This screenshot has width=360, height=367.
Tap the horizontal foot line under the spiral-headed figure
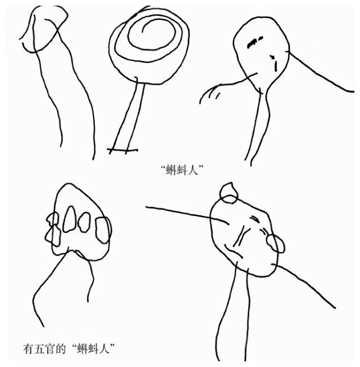[123, 150]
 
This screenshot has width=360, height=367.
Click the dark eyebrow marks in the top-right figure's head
[255, 42]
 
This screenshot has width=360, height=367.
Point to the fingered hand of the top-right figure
[209, 93]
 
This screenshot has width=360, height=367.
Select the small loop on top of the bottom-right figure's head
[229, 193]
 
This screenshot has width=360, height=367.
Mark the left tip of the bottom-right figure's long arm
[146, 207]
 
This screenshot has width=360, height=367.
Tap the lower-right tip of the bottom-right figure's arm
[335, 308]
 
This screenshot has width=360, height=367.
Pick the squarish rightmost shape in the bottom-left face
[102, 230]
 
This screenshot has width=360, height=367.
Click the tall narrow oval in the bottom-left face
[70, 219]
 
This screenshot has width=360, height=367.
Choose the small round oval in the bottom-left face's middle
[84, 222]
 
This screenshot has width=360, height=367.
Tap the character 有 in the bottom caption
[29, 349]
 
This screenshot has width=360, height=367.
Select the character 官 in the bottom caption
[50, 349]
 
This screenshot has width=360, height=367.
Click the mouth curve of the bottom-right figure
[233, 251]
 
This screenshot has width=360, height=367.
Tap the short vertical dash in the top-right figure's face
[276, 66]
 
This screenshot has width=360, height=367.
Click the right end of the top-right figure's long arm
[353, 91]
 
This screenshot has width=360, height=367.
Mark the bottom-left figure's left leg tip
[43, 326]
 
